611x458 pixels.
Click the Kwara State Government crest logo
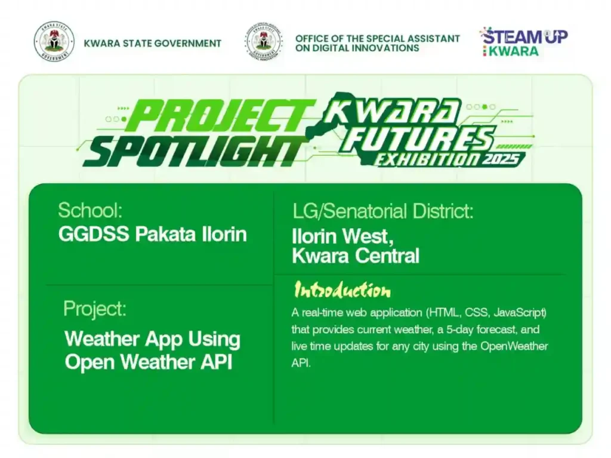(x=54, y=42)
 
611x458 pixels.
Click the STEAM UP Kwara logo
(x=524, y=41)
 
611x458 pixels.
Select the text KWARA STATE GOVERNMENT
(x=153, y=43)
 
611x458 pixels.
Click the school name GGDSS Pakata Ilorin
(x=152, y=234)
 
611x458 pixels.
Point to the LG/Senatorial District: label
(x=382, y=211)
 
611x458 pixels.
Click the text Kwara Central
(x=355, y=256)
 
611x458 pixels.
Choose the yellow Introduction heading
(x=342, y=291)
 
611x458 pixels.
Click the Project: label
(x=94, y=309)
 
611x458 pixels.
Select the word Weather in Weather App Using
(x=102, y=339)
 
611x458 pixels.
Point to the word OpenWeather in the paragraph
(x=520, y=346)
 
